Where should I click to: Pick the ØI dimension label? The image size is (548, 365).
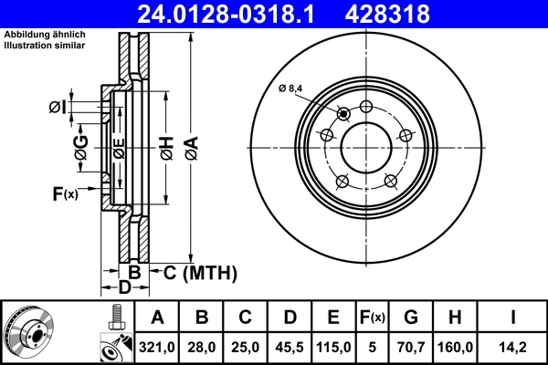[58, 108]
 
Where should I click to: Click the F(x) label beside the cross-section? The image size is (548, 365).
[65, 193]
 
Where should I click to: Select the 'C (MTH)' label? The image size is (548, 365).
[200, 272]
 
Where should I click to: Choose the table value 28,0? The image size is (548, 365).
[202, 347]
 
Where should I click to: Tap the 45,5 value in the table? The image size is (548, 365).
[290, 347]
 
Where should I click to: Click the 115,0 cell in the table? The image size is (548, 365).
[333, 347]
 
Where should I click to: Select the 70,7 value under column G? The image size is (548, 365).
[411, 347]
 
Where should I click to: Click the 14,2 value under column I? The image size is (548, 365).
[513, 347]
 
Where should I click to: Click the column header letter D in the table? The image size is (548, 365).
[290, 318]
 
